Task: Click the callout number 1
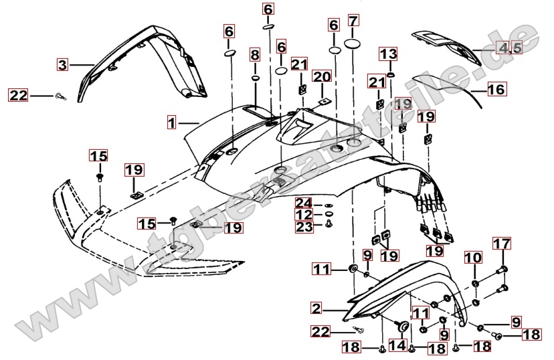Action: (x=172, y=123)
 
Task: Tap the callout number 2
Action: (x=316, y=308)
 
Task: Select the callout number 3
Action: (x=62, y=65)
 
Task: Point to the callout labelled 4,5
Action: (x=508, y=47)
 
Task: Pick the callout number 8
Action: (x=255, y=54)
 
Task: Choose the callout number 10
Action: (x=473, y=257)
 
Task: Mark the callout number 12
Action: (x=304, y=215)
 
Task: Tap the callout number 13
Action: (x=389, y=54)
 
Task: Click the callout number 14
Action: (x=397, y=345)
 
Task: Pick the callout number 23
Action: (x=304, y=228)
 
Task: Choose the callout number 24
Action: (x=304, y=203)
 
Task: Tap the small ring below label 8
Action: (x=255, y=77)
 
